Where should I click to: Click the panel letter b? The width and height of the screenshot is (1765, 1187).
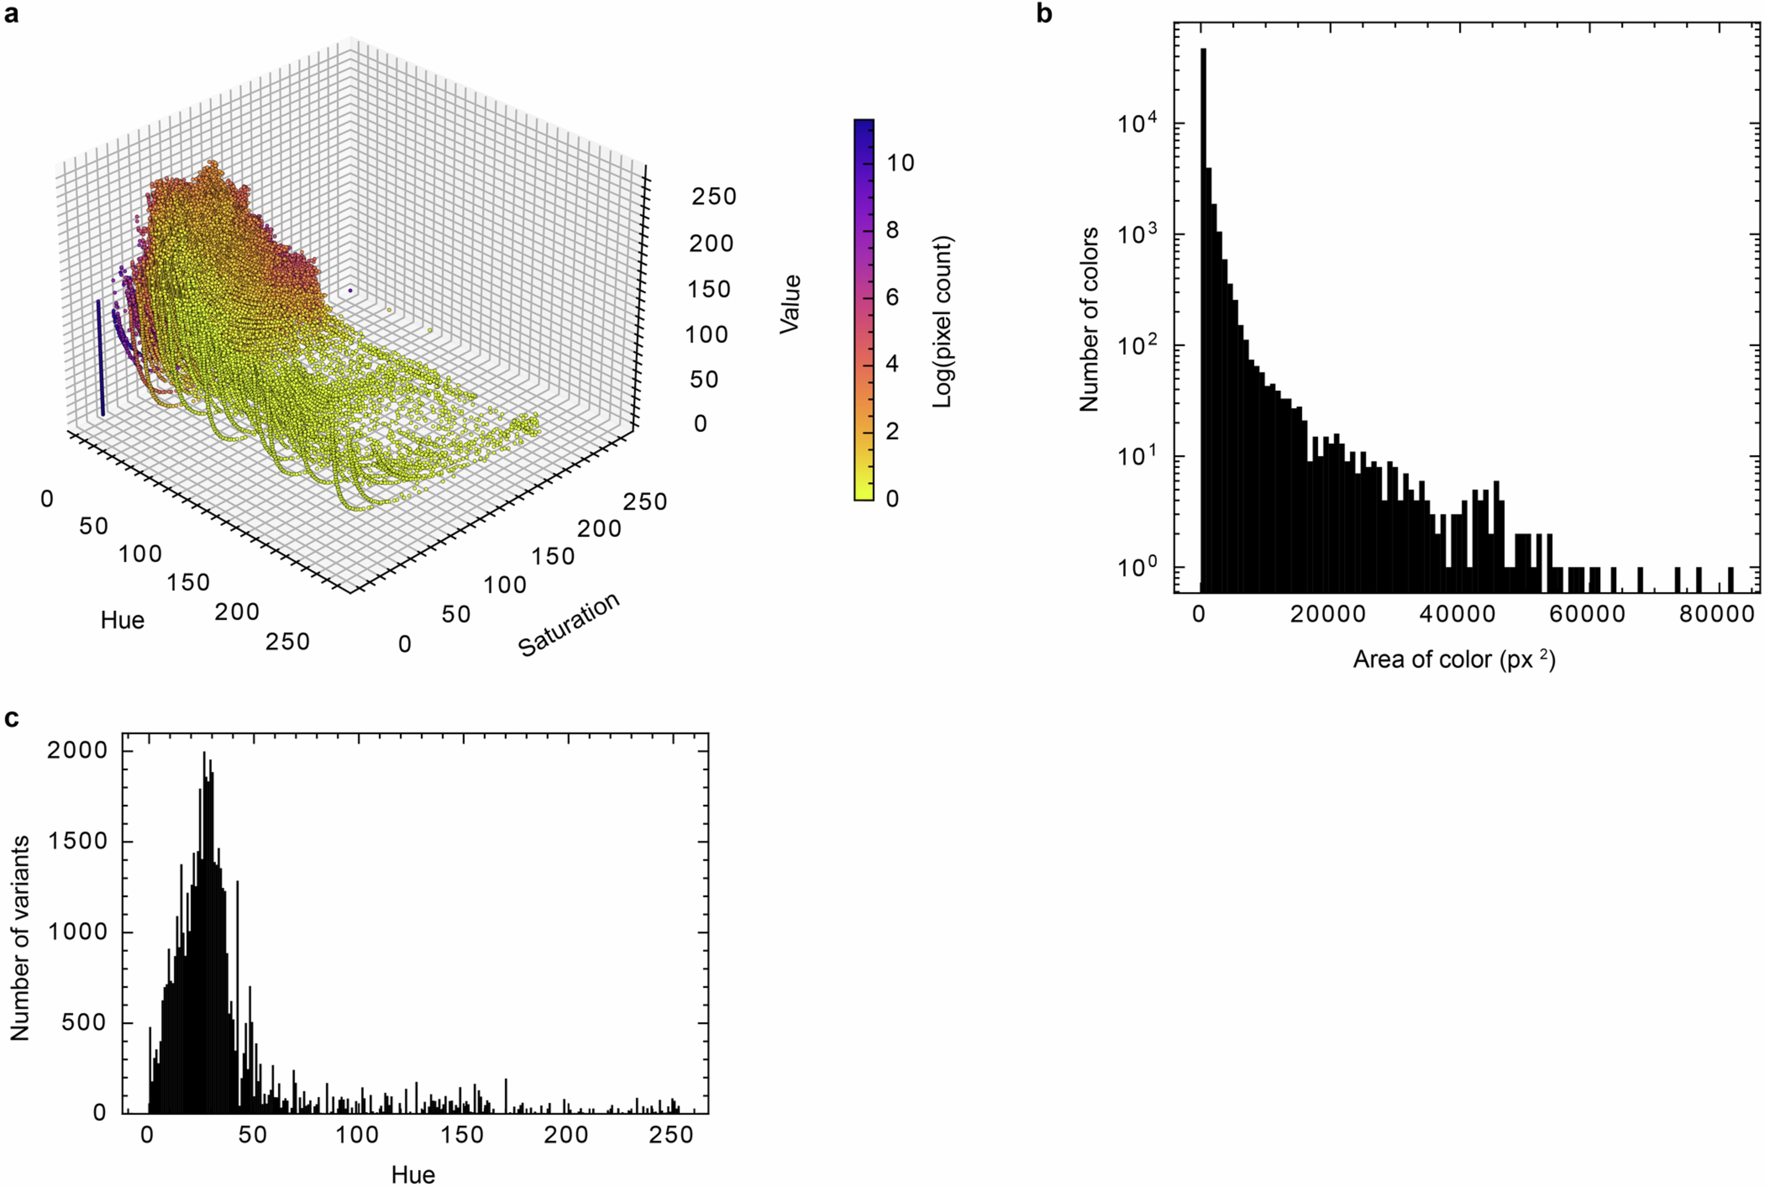1044,14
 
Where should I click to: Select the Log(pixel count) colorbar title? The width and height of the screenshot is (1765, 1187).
942,322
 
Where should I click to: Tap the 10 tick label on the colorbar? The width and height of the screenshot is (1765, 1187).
900,163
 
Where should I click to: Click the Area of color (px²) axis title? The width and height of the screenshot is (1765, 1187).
1453,659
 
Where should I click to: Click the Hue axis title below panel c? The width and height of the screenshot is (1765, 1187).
413,1174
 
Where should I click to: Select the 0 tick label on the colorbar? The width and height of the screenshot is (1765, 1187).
892,498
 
